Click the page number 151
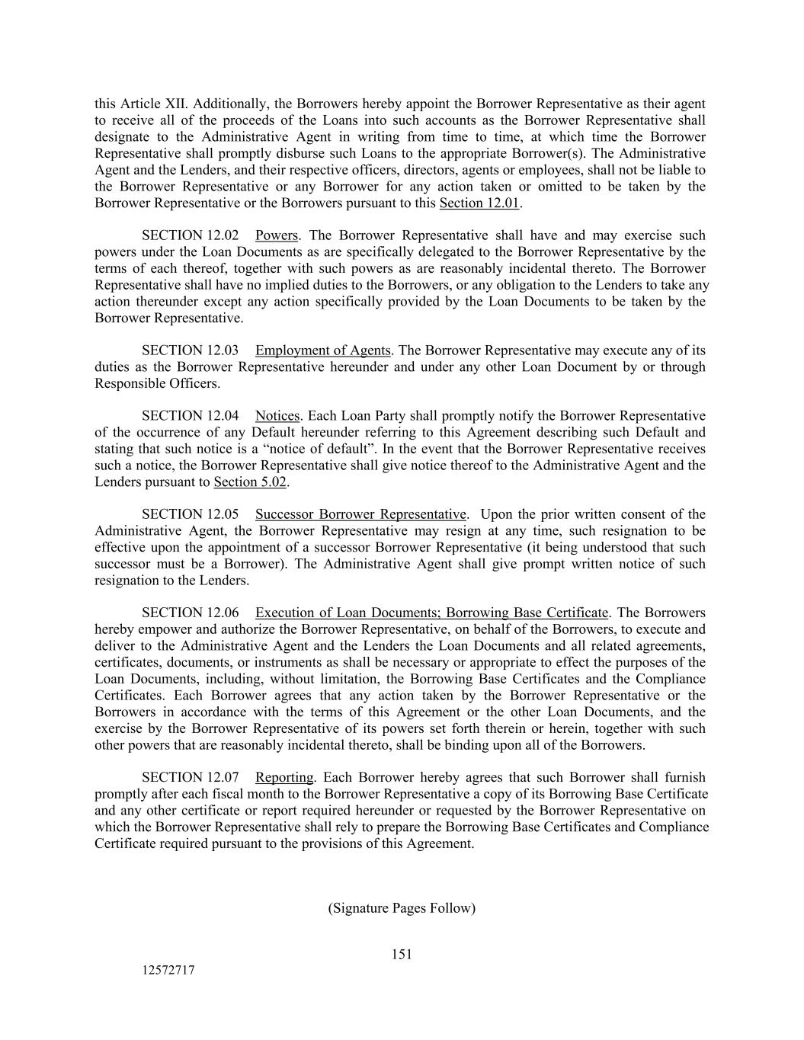402,954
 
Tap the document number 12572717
167,971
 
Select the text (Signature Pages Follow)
402,907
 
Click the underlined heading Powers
276,235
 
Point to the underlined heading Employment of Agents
323,350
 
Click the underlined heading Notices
277,416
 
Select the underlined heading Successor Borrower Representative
360,514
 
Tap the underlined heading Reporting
284,777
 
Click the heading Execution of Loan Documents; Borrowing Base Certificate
432,613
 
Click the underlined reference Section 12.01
479,203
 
